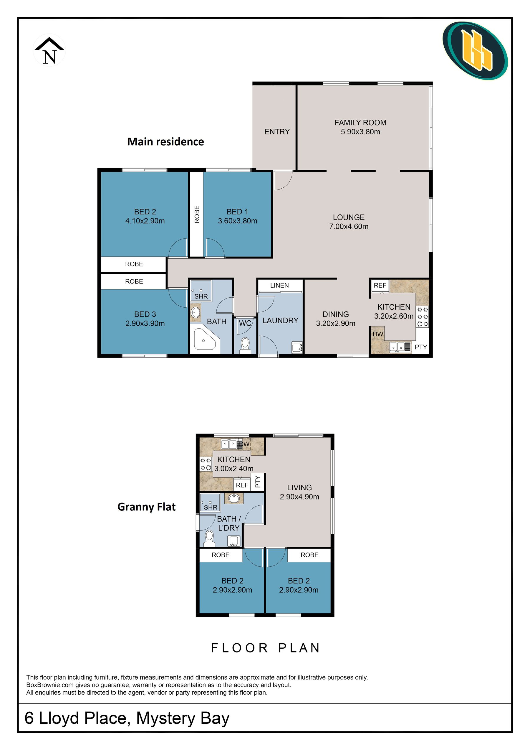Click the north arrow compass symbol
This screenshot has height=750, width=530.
(49, 51)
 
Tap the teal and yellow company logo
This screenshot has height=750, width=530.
(475, 51)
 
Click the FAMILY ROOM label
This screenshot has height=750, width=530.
(360, 123)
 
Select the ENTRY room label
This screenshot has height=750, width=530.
(277, 132)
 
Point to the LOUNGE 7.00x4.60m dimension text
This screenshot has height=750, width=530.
(349, 226)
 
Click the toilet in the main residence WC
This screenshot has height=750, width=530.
(245, 345)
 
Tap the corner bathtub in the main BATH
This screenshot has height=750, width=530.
(205, 339)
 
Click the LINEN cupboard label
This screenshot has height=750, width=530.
(279, 285)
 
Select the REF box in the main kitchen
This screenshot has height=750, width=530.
(380, 285)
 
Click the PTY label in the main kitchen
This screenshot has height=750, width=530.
(421, 347)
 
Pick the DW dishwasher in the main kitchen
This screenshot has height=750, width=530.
(378, 334)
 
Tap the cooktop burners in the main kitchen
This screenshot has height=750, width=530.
(423, 317)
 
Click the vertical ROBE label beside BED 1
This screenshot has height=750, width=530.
(197, 214)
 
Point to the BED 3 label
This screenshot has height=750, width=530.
(145, 314)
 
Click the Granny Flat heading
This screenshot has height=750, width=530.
(147, 507)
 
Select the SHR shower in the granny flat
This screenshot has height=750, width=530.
(210, 502)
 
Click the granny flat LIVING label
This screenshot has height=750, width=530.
(299, 487)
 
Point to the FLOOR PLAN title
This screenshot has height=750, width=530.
(265, 648)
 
